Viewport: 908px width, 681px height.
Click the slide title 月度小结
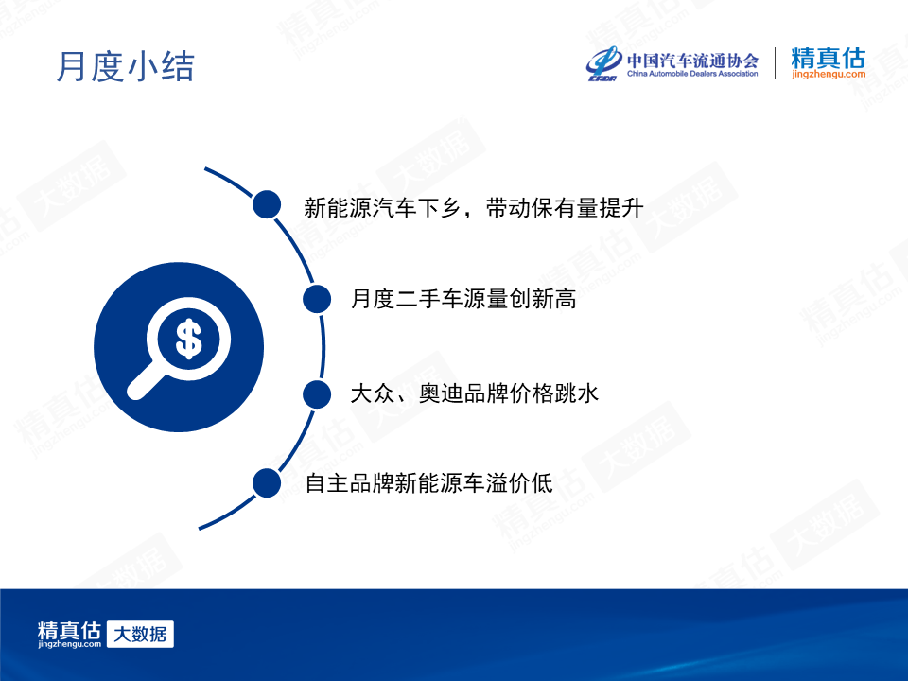pos(125,66)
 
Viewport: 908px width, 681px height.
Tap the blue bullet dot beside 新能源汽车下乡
pos(267,204)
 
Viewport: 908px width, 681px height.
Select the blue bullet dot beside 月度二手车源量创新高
pos(317,299)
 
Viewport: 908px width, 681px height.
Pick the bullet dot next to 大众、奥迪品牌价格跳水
pos(317,394)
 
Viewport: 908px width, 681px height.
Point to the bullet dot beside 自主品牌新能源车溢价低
pos(267,483)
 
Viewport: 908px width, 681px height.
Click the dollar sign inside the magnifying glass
pos(189,340)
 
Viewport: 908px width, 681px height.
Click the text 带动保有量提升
pos(565,208)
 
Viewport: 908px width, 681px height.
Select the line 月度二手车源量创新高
pos(463,299)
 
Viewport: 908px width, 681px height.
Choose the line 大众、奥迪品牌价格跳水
pos(474,393)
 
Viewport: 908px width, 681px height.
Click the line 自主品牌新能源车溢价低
pos(429,483)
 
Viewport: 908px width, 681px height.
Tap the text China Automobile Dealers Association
pos(692,74)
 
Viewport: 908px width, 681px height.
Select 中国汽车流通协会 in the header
pos(692,61)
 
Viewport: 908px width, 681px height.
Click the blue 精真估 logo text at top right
pos(829,58)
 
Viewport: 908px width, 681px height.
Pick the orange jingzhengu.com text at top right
pos(829,75)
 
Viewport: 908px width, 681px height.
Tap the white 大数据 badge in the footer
pos(140,634)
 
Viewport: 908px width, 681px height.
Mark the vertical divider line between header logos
pos(776,63)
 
